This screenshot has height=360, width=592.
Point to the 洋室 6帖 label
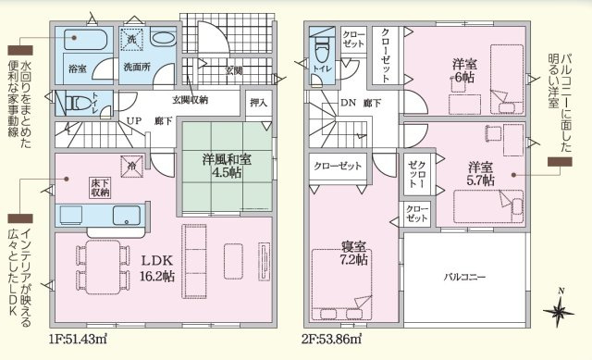click(463, 70)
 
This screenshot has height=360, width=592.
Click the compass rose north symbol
click(560, 313)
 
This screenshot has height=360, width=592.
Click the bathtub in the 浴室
click(88, 41)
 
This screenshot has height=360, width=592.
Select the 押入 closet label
click(258, 102)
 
